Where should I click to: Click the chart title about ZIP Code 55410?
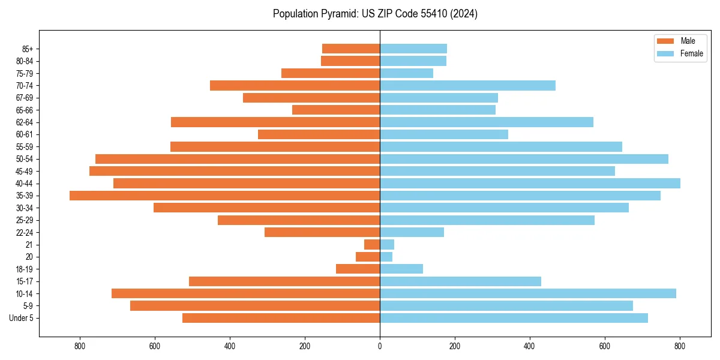(x=375, y=14)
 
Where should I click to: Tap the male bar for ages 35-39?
(x=224, y=196)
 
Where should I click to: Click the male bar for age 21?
(x=372, y=244)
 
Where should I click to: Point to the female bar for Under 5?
(x=514, y=318)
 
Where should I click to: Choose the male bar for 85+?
(x=351, y=49)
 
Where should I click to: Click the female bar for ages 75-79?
(x=406, y=73)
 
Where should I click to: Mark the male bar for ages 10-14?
(x=245, y=293)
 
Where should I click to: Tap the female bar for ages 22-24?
(x=412, y=232)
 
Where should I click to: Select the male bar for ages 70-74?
(x=295, y=85)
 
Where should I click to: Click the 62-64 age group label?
(x=25, y=122)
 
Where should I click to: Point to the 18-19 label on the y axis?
(x=25, y=269)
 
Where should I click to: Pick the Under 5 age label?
(x=22, y=318)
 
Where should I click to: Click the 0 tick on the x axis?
(x=380, y=346)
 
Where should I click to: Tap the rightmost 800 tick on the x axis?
(x=680, y=346)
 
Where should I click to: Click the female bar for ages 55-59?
(x=501, y=146)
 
